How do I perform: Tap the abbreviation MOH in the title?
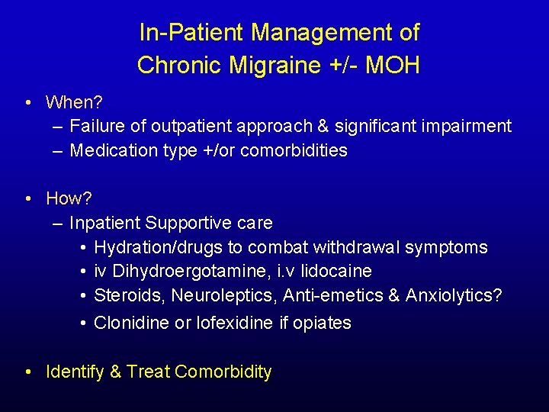coord(392,66)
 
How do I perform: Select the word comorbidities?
coord(294,150)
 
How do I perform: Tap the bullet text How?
coord(69,198)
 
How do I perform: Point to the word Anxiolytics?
coord(454,295)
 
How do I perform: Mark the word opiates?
coord(323,323)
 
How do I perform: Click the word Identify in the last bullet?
coord(75,372)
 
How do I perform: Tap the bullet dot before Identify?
coord(28,372)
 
